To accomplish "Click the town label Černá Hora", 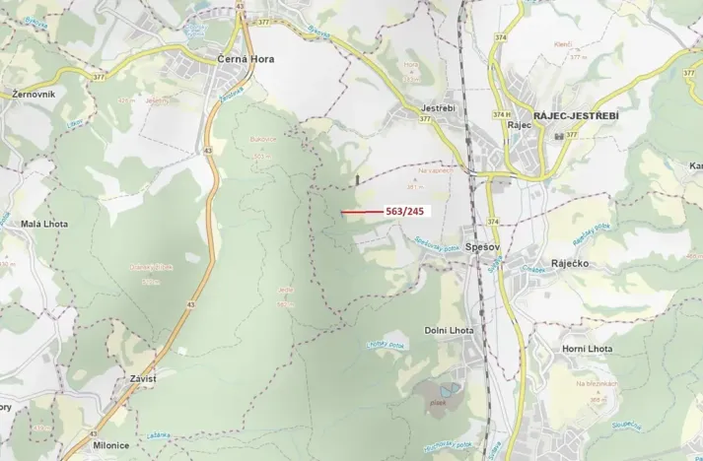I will coord(246,59).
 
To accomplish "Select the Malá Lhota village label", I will coord(44,225).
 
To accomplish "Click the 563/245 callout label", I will coord(403,211).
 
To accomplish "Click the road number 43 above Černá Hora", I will coord(242,5).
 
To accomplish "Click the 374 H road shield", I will coord(500,114).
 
